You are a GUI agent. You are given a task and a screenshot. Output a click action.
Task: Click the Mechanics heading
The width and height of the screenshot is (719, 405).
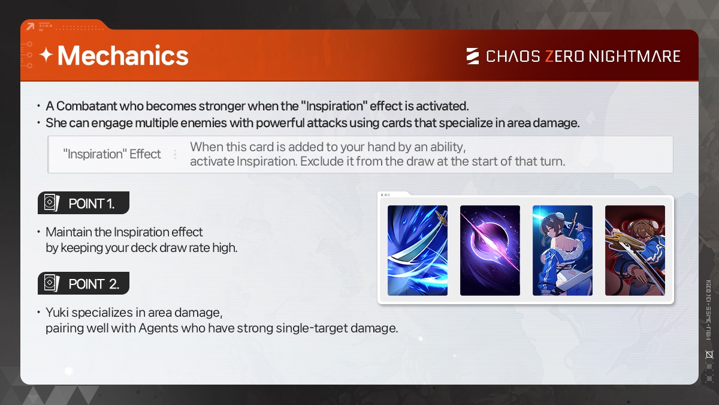(123, 56)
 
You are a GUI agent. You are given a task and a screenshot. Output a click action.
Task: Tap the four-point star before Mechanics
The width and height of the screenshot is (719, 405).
(47, 55)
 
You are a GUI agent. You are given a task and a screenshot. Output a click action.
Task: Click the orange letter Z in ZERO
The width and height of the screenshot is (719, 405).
(549, 56)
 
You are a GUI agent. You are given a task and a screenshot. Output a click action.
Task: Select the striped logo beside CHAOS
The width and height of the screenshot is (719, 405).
(473, 56)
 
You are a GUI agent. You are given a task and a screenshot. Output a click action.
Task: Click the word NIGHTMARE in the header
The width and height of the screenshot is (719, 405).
(635, 56)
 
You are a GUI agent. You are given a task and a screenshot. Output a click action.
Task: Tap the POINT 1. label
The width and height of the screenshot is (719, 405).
(91, 203)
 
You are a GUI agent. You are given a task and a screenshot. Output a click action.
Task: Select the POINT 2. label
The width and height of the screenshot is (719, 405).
(93, 284)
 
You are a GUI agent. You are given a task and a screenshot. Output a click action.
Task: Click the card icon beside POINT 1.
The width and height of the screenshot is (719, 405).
(52, 203)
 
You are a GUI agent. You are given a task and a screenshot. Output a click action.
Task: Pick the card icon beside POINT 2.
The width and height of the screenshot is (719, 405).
(52, 283)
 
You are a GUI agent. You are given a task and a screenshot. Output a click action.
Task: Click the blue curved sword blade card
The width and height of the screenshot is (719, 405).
(417, 250)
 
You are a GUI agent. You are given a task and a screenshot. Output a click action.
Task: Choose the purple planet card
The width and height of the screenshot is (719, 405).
(490, 250)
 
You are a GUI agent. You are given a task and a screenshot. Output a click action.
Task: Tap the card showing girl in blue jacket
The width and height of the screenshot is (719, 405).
(563, 250)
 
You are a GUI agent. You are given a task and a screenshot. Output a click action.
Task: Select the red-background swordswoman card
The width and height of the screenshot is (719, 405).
(635, 250)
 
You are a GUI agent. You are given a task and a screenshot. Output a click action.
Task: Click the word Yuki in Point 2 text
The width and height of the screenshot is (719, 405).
(57, 313)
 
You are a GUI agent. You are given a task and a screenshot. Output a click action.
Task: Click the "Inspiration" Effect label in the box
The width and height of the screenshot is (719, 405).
(111, 154)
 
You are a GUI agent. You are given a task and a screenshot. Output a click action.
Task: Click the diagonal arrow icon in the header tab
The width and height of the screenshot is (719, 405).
(30, 26)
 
